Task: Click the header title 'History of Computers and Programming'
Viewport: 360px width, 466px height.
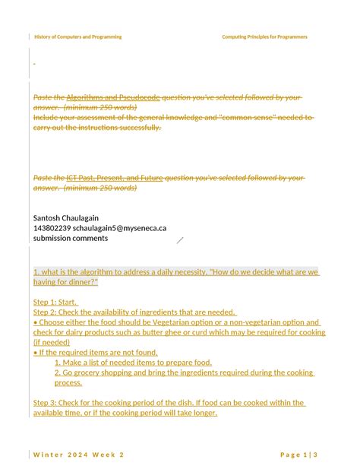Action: tap(77, 36)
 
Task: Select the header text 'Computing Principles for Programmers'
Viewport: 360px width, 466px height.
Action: tap(264, 36)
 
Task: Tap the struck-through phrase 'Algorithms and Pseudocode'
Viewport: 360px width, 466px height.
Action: tap(113, 98)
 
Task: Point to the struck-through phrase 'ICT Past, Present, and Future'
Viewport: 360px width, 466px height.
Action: tap(115, 178)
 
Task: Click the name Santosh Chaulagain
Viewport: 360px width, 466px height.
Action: tap(66, 218)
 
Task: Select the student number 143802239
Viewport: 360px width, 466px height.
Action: tap(52, 228)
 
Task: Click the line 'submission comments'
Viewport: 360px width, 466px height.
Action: tap(71, 238)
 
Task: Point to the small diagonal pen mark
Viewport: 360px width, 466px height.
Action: tap(180, 240)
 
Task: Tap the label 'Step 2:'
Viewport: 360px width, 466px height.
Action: tap(46, 312)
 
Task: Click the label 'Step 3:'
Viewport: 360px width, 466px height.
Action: tap(46, 403)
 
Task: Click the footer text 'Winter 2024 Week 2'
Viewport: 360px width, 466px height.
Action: tap(79, 454)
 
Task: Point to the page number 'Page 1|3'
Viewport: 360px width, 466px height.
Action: tap(298, 454)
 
